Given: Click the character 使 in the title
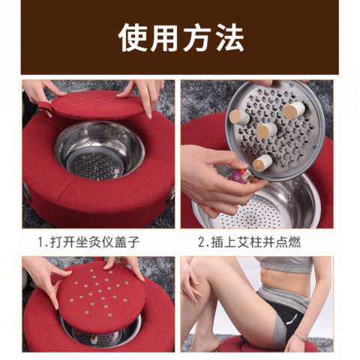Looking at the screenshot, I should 131,37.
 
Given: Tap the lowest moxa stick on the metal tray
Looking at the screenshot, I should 262,161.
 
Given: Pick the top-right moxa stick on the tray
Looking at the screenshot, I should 295,109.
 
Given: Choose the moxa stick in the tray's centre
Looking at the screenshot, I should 266,130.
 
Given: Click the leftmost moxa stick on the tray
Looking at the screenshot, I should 238,116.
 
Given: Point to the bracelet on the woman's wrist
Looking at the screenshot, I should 299,337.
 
